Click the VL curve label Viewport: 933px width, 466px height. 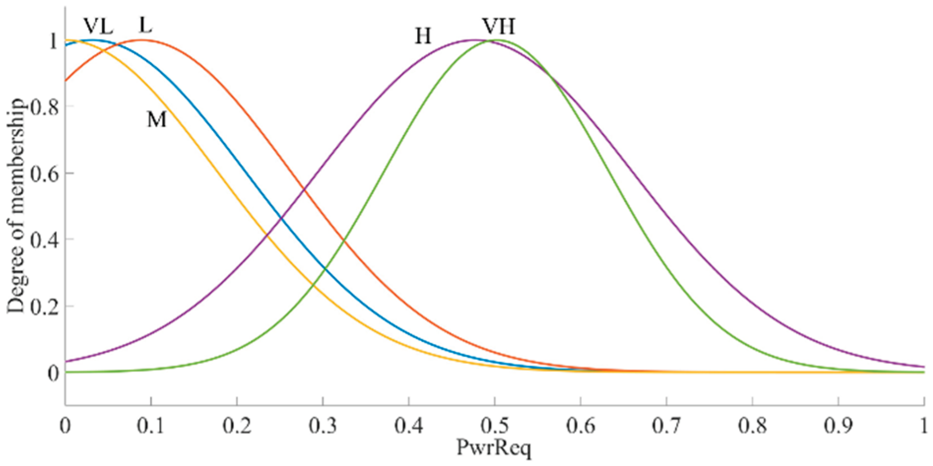[x=98, y=26]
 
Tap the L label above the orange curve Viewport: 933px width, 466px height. [x=145, y=25]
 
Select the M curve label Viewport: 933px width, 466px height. [x=157, y=119]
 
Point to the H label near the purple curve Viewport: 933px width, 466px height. [x=423, y=36]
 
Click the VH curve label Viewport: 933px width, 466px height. [x=498, y=26]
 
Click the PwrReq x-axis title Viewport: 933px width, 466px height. [x=494, y=447]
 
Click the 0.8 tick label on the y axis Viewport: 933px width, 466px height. [x=44, y=107]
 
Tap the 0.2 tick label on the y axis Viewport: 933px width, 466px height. [x=44, y=306]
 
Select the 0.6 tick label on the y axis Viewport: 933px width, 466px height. [x=44, y=173]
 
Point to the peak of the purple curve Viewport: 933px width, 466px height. [x=474, y=40]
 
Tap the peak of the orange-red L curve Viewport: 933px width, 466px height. [x=143, y=40]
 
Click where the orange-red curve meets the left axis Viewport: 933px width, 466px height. [x=65, y=80]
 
